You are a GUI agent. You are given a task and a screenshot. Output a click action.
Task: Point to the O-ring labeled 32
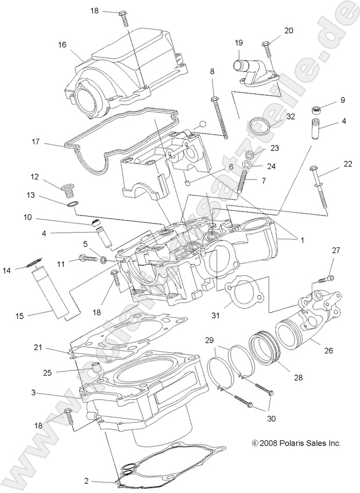click(x=258, y=125)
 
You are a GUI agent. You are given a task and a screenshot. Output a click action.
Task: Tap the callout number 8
click(x=212, y=71)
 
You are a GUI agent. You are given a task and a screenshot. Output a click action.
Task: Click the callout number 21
click(x=38, y=347)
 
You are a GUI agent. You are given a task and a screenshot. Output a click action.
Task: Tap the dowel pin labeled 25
click(x=92, y=368)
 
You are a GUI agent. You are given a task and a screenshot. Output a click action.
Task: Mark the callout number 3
click(x=34, y=393)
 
